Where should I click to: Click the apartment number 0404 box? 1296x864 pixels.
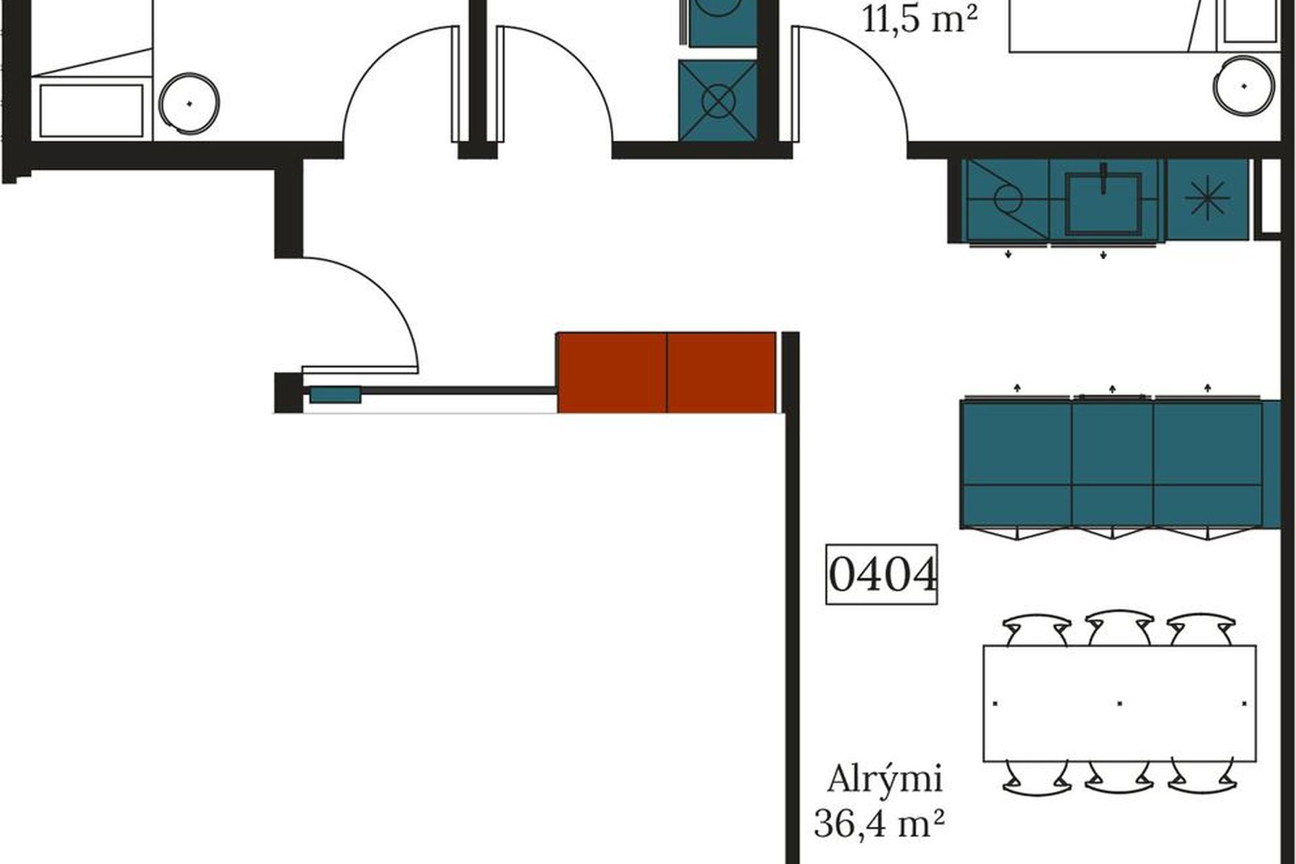[882, 574]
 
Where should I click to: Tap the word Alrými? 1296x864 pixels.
[884, 780]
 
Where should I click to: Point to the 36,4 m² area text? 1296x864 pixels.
[878, 823]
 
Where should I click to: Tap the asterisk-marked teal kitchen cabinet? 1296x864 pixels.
[1208, 199]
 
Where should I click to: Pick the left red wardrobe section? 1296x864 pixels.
[612, 372]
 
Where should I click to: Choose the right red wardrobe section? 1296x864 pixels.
[722, 372]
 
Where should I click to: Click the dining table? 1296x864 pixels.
[1119, 703]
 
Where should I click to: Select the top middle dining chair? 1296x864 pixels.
[1119, 628]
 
